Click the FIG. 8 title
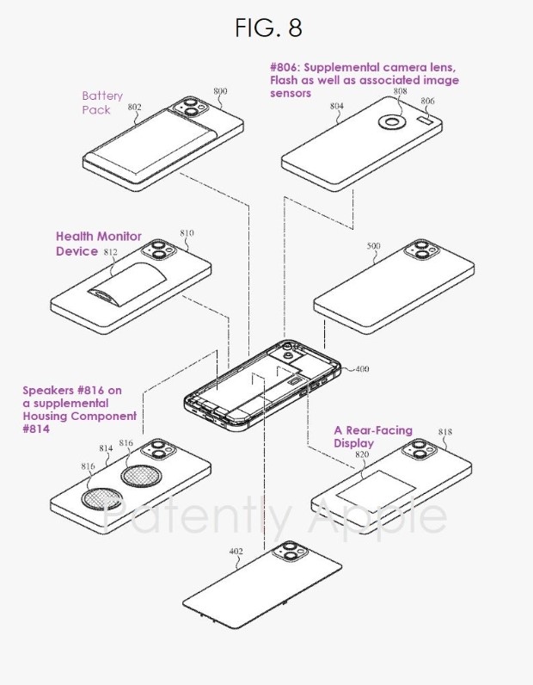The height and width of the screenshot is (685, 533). tap(268, 28)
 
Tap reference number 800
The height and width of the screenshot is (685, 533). tap(220, 90)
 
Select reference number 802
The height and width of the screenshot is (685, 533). tap(134, 108)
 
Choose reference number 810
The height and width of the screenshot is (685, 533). tap(187, 233)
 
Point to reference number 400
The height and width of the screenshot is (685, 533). tap(361, 369)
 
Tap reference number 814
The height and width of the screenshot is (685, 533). tap(107, 448)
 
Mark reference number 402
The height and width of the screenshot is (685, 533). tap(236, 552)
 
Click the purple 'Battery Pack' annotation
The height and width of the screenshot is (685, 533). tap(101, 103)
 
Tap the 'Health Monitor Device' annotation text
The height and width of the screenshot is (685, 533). tap(98, 244)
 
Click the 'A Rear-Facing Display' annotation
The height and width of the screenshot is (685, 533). tap(372, 436)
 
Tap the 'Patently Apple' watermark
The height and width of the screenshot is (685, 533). tap(275, 517)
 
